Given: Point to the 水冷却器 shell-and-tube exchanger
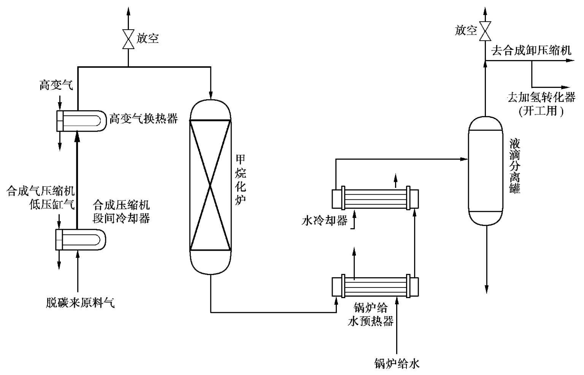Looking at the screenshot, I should [375, 199].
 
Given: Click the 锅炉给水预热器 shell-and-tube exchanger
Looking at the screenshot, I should [375, 287].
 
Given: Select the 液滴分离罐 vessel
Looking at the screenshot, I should [485, 171].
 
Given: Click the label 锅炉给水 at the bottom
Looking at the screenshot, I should [397, 364].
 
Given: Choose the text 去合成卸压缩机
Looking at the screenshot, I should [531, 51].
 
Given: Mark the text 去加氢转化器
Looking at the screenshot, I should [541, 97].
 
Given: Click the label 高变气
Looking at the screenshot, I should [56, 85].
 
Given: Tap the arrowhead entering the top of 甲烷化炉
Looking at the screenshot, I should [211, 95].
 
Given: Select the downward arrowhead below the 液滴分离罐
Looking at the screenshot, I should [486, 290].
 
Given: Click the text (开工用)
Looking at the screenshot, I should [541, 111].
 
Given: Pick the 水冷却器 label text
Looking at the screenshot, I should [324, 221].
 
